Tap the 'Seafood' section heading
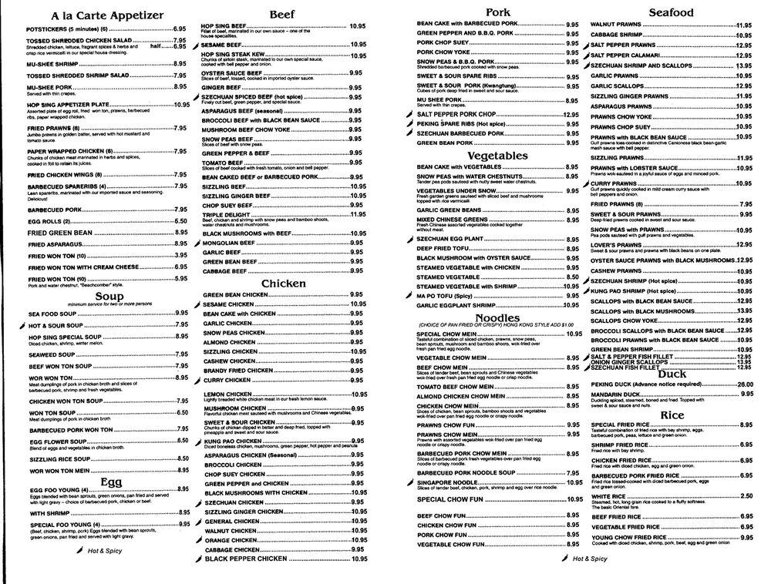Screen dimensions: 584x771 click(x=672, y=12)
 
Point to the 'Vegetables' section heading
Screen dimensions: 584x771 click(x=497, y=155)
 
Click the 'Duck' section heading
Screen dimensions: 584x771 click(x=672, y=374)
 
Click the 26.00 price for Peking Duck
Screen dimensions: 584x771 click(x=744, y=384)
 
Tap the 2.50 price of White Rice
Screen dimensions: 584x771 click(x=746, y=496)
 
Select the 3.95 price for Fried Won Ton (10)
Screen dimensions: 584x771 click(x=180, y=255)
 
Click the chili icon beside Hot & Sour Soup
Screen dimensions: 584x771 click(x=21, y=325)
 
